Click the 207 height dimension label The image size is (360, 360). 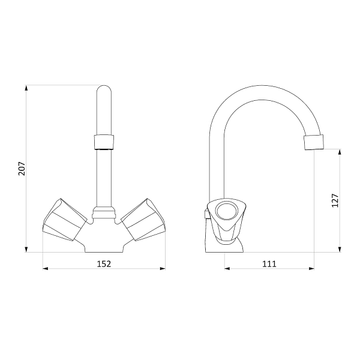coord(22,169)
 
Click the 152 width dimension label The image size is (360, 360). coord(104,264)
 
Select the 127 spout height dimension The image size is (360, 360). coord(335,200)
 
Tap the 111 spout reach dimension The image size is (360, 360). coord(269,264)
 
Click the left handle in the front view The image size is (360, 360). coord(65,220)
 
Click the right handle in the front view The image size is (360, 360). coord(143,220)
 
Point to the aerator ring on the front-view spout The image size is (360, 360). coord(104,142)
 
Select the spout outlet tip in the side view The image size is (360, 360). coord(314,142)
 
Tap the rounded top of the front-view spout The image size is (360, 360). coord(104,88)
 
